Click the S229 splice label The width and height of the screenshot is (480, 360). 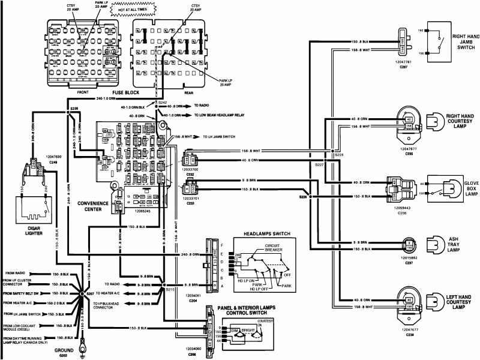[x=74, y=108]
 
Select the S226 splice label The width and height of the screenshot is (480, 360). [x=304, y=197]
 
